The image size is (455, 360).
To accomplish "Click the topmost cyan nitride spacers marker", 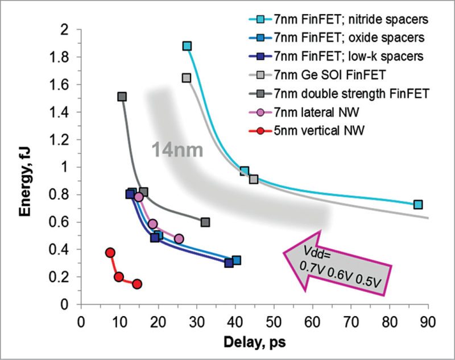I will [187, 46].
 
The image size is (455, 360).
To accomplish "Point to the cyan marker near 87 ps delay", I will [418, 205].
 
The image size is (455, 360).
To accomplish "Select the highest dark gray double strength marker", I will [122, 97].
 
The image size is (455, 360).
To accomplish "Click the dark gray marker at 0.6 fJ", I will [205, 222].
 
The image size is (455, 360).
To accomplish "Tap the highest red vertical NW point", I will [110, 253].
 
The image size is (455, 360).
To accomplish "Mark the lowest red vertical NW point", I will [136, 284].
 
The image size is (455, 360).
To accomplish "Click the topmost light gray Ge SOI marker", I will [186, 78].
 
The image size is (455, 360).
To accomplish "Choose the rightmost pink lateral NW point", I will [179, 239].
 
